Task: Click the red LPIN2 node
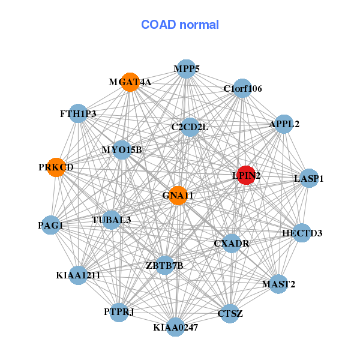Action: coord(246,175)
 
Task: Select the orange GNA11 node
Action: coord(178,196)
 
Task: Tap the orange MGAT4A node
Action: coord(130,82)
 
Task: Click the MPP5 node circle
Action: coord(187,69)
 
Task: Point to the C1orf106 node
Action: coord(242,89)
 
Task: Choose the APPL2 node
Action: coord(284,124)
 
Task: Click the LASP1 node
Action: coord(308,178)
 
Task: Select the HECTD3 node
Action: coord(302,233)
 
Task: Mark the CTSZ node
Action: coord(230,313)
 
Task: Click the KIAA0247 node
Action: coord(175,327)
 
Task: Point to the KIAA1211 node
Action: coord(79,275)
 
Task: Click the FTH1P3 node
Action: coord(79,113)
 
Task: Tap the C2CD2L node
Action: coord(190,127)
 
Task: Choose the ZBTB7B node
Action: coord(164,265)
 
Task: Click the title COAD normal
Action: coord(180,25)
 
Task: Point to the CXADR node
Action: coord(232,244)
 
